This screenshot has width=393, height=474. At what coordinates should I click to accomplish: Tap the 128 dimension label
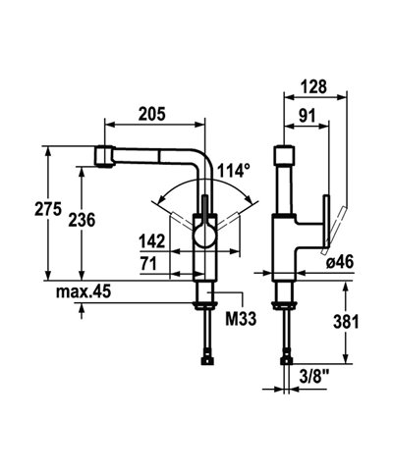pyautogui.click(x=315, y=86)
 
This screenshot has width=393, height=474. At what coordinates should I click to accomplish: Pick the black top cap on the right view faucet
pyautogui.click(x=286, y=155)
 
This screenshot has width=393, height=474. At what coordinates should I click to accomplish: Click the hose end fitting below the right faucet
pyautogui.click(x=286, y=358)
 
